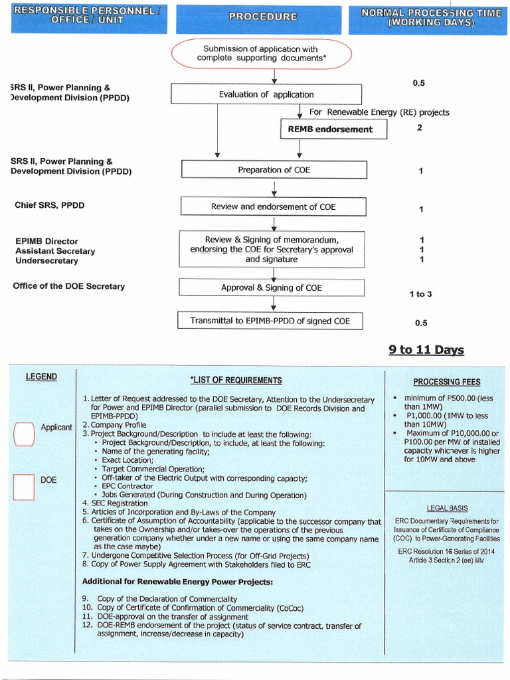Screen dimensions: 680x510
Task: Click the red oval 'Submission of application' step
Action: coord(260,54)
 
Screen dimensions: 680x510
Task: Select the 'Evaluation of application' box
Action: coord(266,94)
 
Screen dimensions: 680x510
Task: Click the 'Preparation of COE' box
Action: coord(274,170)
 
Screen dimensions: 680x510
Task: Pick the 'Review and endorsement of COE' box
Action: coord(273,207)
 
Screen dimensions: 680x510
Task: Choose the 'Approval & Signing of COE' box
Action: coord(272,288)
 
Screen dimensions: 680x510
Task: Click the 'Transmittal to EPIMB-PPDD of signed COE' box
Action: coord(270,321)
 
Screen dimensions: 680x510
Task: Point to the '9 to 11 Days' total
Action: coord(426,350)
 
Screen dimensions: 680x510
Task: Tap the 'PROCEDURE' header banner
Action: coord(263,17)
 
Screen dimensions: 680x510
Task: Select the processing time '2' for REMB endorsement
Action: coord(420,127)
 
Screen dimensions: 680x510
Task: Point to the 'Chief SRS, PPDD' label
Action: coord(49,205)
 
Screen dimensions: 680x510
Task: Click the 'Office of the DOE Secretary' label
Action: coord(69,286)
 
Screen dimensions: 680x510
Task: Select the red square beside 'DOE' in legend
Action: coord(23,486)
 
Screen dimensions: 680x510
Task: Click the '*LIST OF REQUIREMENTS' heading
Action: coord(236,381)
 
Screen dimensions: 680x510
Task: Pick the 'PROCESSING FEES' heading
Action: coord(446,382)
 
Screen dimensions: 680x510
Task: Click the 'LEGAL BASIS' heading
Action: coord(447,508)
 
